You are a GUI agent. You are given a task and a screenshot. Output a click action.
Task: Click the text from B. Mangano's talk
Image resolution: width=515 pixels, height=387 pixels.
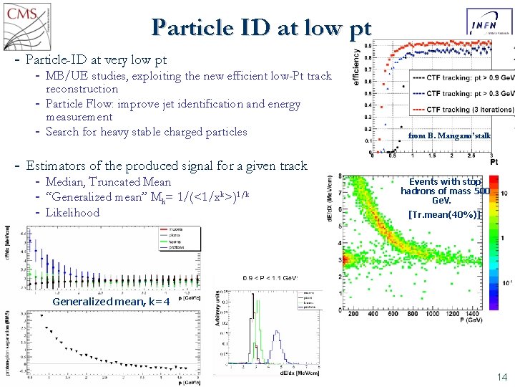[449, 135]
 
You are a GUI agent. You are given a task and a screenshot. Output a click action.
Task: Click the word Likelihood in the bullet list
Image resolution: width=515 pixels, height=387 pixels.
[72, 213]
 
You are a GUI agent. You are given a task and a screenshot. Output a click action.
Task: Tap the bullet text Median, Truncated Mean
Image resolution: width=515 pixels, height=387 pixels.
[108, 182]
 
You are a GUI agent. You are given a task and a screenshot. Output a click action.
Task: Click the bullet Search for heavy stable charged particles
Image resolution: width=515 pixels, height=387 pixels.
[146, 131]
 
